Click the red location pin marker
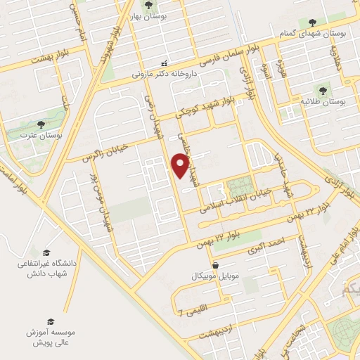(x=181, y=165)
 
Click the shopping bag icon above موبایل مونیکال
(x=214, y=265)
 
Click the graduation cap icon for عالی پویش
(x=49, y=320)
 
